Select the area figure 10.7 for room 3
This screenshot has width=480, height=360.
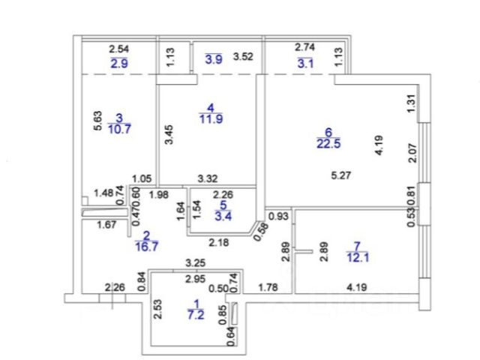click(118, 128)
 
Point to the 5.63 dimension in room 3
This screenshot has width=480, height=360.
click(97, 122)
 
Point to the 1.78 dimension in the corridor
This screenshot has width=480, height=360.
click(268, 285)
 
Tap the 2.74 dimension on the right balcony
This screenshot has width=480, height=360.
click(304, 46)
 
